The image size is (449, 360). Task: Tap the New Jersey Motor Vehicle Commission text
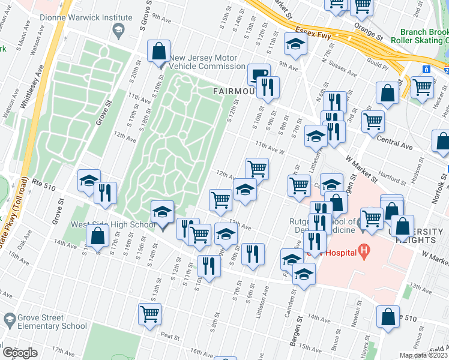click(207, 62)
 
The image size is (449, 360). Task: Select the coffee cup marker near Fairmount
click(259, 75)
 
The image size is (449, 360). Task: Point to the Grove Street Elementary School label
click(44, 322)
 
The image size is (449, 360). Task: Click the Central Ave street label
click(394, 146)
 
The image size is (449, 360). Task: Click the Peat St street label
click(171, 337)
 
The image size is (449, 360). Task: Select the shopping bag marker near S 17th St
click(97, 236)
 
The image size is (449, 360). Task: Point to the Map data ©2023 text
click(423, 355)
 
